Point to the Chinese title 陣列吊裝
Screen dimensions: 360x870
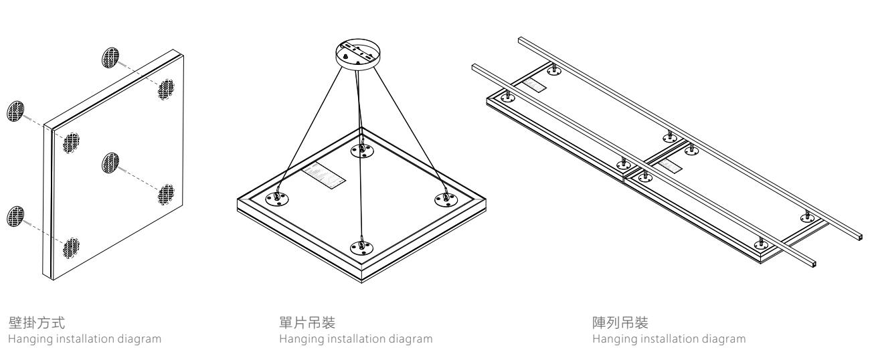(x=608, y=325)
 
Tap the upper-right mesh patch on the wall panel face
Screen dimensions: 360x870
(x=165, y=89)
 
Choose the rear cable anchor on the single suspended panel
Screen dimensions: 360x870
(x=362, y=151)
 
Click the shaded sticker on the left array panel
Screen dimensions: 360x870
(x=534, y=85)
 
